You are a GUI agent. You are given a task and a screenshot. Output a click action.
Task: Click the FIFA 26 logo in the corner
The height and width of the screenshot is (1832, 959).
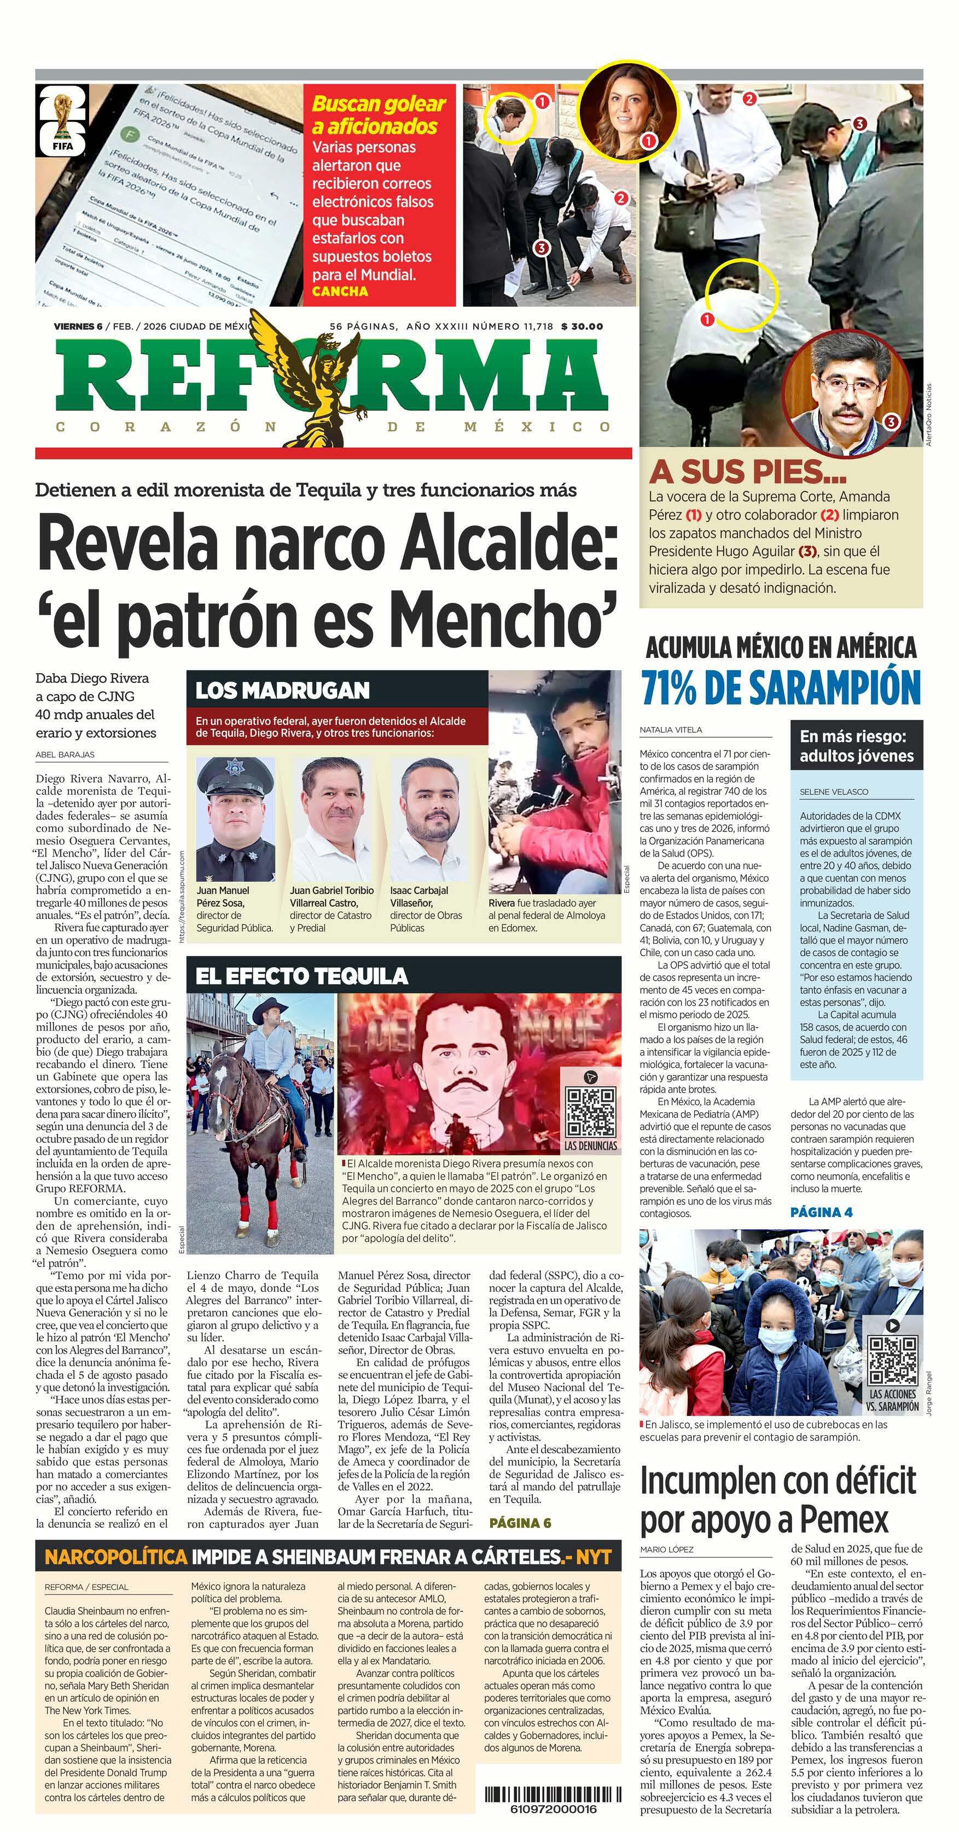tap(62, 120)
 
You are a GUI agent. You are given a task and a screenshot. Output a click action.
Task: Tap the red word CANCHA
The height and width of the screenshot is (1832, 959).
tap(340, 291)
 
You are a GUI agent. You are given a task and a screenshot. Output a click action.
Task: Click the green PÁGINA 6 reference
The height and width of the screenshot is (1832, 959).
tap(520, 1523)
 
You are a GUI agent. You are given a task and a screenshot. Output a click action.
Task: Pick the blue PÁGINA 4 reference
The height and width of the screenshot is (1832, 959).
tap(821, 1212)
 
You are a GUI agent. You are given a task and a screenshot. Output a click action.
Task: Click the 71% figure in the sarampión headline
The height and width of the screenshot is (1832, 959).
tap(683, 687)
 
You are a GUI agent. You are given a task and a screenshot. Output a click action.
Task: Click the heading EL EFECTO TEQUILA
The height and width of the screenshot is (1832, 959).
tap(301, 976)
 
